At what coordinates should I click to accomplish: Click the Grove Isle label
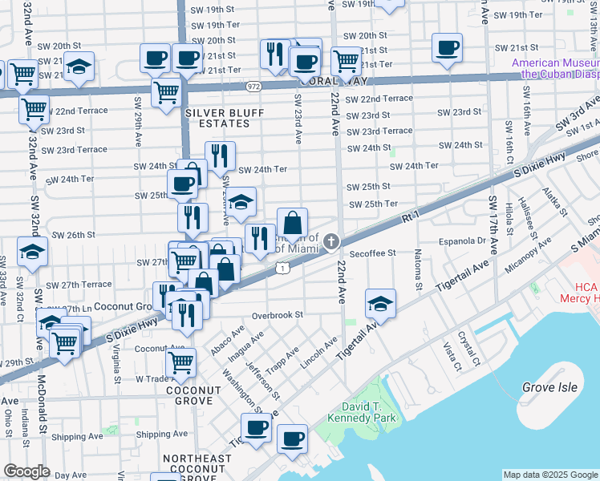(x=549, y=387)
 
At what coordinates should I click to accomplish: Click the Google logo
(x=26, y=472)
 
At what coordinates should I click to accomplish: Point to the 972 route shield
(x=253, y=86)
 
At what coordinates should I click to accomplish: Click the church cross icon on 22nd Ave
(x=330, y=242)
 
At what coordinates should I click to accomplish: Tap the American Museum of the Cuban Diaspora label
(x=555, y=68)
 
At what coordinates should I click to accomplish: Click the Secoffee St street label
(x=372, y=253)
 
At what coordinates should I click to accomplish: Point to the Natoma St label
(x=419, y=272)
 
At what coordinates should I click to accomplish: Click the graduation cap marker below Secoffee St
(x=380, y=304)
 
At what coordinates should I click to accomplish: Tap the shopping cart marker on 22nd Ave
(x=346, y=60)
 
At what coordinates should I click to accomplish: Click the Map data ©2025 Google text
(x=550, y=475)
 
